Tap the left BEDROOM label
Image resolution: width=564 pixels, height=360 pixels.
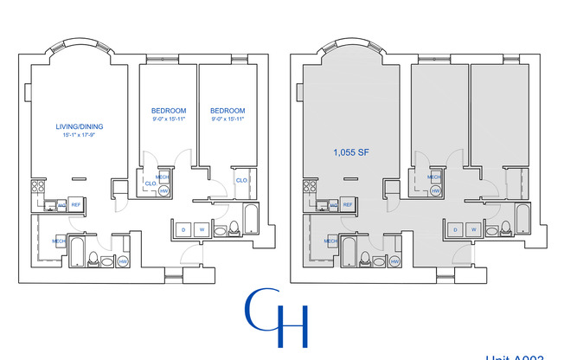click(x=169, y=111)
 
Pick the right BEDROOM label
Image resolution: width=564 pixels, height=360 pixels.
click(x=228, y=111)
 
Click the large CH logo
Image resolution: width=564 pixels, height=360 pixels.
click(x=277, y=318)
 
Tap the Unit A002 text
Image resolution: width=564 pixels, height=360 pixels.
click(x=515, y=356)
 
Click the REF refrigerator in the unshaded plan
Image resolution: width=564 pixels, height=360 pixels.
click(x=75, y=204)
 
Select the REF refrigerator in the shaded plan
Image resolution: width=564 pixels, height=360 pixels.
click(x=347, y=204)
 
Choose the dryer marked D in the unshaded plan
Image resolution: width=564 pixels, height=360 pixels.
click(x=183, y=229)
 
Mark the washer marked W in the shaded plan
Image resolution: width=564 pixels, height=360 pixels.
click(x=473, y=229)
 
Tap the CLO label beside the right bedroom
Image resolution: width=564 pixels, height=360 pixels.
click(x=242, y=180)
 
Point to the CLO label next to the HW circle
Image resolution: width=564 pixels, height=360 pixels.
click(x=150, y=183)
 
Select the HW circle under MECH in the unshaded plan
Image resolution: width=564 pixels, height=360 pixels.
click(x=163, y=190)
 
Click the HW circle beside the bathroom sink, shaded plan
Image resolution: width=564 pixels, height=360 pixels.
click(x=394, y=261)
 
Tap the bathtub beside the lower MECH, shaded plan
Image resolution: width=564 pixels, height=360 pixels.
click(x=346, y=252)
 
